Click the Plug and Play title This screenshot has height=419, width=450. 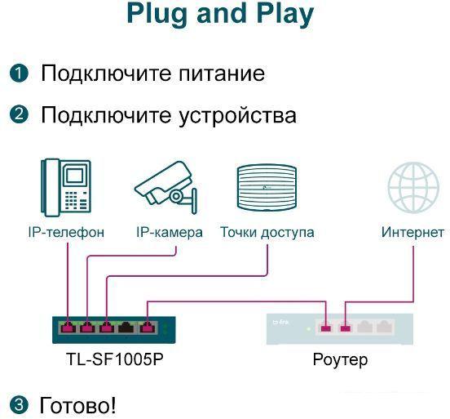click(x=220, y=15)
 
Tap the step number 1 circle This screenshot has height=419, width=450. click(x=19, y=74)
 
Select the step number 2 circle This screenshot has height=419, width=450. click(x=19, y=114)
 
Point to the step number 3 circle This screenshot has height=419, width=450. click(x=19, y=405)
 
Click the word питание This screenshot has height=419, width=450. click(x=222, y=74)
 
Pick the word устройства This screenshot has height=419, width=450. click(x=237, y=116)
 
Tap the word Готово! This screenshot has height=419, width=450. click(x=77, y=405)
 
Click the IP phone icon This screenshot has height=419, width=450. click(x=66, y=187)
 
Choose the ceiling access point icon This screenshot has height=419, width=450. click(x=267, y=187)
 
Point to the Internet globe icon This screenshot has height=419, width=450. click(x=413, y=187)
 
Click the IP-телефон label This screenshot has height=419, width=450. click(x=66, y=232)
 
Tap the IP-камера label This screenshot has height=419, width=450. click(x=170, y=232)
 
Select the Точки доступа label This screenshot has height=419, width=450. click(x=267, y=232)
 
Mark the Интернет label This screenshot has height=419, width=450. click(x=412, y=232)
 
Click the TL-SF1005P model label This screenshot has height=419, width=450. click(x=114, y=359)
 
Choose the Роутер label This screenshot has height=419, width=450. click(x=340, y=360)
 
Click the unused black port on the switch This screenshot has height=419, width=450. click(x=126, y=328)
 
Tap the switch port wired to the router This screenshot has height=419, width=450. click(x=147, y=328)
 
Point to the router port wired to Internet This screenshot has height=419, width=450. click(x=346, y=328)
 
